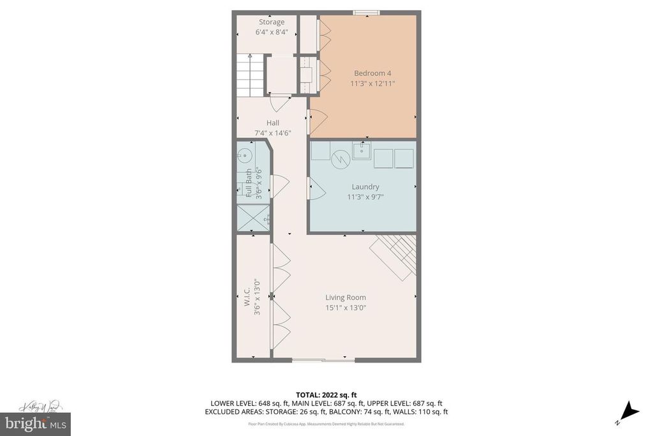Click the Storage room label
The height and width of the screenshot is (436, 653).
pos(272,22)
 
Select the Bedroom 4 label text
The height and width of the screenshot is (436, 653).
pos(373,73)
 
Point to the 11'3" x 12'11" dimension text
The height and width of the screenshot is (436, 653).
pos(373,84)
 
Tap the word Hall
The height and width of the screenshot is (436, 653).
pos(273,123)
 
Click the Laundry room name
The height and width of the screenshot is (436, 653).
pos(365,187)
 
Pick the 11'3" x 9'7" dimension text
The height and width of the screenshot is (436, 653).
pos(365,197)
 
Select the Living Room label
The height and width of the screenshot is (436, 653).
pos(346,297)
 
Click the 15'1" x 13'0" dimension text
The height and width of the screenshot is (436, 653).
pos(346,308)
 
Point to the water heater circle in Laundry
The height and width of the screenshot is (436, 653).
pos(340,158)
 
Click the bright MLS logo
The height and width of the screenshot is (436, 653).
pos(36,424)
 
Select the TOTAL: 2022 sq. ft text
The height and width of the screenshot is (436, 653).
pos(326,395)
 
